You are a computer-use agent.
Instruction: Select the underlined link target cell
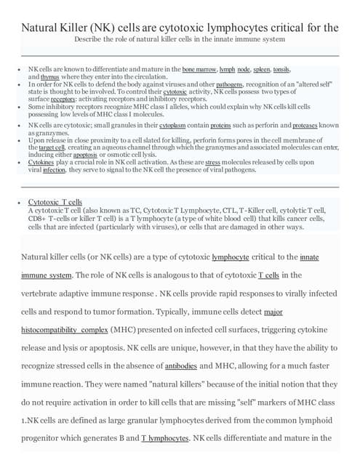click(52, 147)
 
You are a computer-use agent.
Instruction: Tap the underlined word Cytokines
click(43, 162)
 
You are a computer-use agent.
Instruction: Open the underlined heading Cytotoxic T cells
click(55, 201)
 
